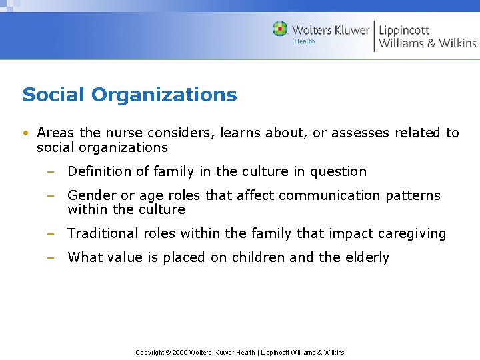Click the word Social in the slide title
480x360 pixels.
(x=54, y=95)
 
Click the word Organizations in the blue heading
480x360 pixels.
(x=164, y=95)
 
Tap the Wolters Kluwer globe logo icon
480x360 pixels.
(x=280, y=29)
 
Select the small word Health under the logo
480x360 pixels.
(x=305, y=41)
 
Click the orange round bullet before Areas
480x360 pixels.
(x=25, y=133)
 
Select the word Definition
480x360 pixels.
(x=99, y=171)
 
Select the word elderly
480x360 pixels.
(x=367, y=257)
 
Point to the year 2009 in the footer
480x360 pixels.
(x=181, y=352)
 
